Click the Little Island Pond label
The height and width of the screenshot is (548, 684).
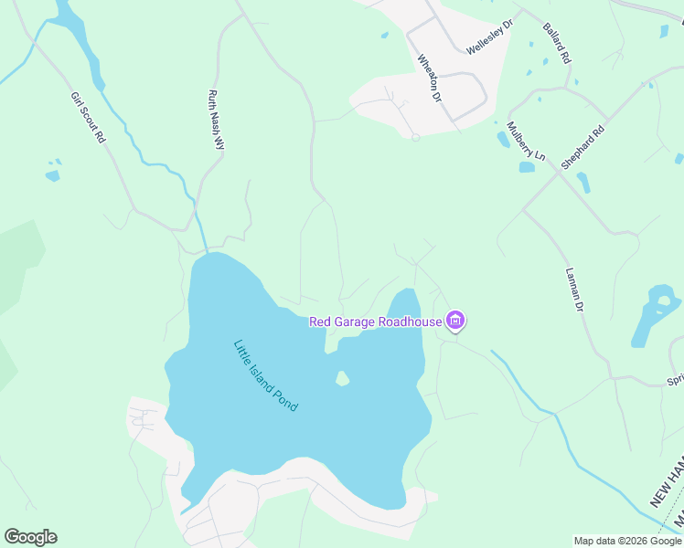265,375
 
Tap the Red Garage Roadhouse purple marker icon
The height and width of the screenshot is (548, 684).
455,321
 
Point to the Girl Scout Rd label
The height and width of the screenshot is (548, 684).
89,118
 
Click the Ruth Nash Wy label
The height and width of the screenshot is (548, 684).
217,120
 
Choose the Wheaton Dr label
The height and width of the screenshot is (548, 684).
429,77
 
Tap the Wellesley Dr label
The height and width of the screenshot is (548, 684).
490,37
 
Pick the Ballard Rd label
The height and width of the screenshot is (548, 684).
557,44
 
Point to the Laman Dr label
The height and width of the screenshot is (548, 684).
574,290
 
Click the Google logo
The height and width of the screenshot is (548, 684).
30,537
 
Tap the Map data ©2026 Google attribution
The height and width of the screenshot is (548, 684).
627,541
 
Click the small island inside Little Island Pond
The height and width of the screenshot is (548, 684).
342,377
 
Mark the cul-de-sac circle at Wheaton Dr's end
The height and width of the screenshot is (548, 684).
415,137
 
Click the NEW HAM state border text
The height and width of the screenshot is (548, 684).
666,482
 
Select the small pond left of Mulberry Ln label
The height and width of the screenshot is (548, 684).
503,140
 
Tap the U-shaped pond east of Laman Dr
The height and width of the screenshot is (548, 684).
656,315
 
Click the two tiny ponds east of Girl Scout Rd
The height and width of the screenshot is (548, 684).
53,171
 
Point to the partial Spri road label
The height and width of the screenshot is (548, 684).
675,379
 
